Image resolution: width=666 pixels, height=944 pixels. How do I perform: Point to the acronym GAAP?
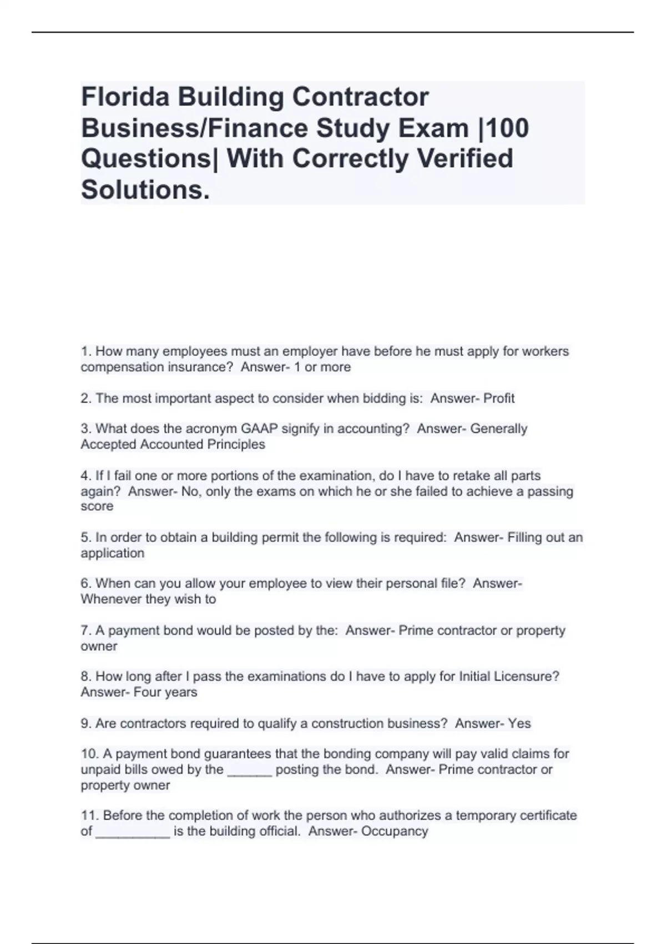(259, 429)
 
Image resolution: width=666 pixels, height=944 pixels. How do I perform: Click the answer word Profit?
(499, 398)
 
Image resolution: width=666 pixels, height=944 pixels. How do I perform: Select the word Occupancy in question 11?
(395, 831)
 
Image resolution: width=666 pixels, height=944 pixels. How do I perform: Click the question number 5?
(86, 538)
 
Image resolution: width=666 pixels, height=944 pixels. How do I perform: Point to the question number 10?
(89, 754)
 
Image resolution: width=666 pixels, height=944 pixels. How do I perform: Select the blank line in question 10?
(250, 771)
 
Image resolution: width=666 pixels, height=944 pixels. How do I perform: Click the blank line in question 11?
(133, 832)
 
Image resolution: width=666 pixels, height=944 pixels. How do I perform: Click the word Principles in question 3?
(236, 444)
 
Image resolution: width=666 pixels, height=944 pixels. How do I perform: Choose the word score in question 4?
(97, 506)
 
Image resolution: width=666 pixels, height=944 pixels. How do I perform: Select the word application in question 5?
(113, 553)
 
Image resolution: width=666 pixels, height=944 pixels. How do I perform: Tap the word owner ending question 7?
(99, 646)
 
